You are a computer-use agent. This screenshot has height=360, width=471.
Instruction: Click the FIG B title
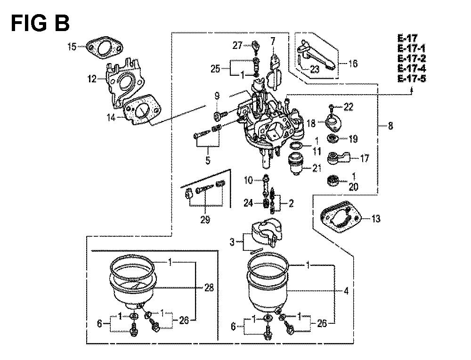click(x=40, y=23)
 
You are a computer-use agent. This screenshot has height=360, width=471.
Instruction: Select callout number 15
click(x=72, y=47)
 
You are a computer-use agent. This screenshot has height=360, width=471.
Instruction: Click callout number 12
click(x=92, y=79)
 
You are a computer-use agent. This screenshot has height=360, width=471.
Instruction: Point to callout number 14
click(x=112, y=117)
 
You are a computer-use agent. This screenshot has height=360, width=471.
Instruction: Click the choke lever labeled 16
click(x=317, y=56)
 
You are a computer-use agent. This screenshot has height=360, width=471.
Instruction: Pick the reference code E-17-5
click(x=412, y=79)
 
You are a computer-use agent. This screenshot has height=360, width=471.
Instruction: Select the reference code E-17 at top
click(x=407, y=39)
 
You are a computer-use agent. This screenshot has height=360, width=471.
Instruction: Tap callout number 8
click(x=390, y=125)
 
